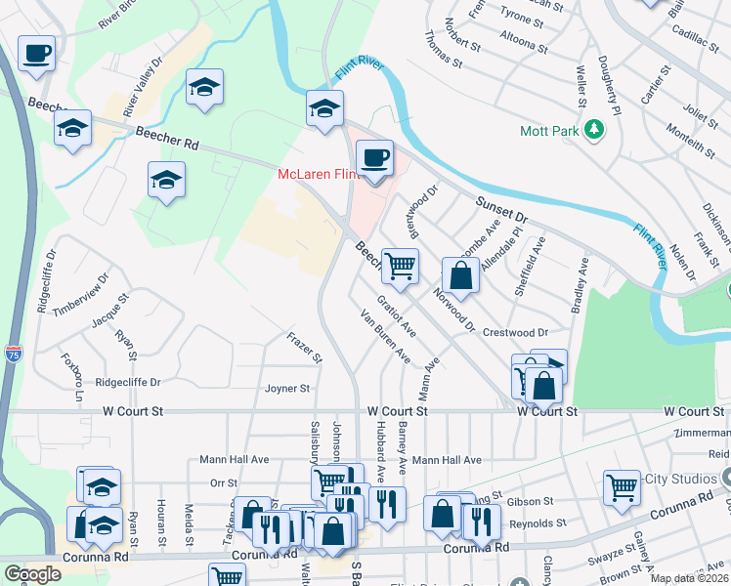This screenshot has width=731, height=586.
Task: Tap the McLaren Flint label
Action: [x=313, y=174]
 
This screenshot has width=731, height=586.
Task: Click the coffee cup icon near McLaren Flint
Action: [x=373, y=157]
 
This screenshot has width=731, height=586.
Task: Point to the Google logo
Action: [x=32, y=574]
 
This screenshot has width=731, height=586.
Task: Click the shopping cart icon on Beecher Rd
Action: [x=400, y=265]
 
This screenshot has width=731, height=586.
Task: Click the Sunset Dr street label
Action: [x=501, y=208]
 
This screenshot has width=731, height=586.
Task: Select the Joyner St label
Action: [x=286, y=388]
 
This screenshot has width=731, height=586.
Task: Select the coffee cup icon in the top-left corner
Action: [x=37, y=53]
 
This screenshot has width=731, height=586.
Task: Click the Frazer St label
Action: [x=304, y=347]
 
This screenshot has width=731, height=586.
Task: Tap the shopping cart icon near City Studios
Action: [x=622, y=486]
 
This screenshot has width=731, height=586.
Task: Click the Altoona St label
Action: [x=524, y=43]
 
